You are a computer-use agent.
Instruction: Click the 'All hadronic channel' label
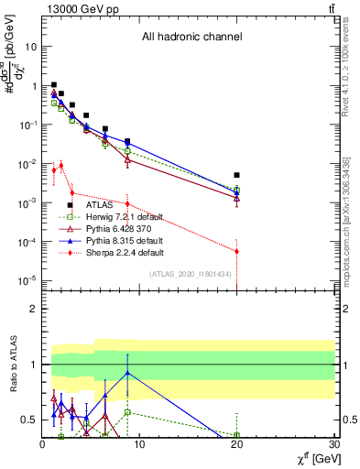190,38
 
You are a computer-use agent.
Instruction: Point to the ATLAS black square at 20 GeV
236,175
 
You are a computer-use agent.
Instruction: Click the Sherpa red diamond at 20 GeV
236,251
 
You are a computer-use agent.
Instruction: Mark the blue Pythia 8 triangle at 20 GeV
236,193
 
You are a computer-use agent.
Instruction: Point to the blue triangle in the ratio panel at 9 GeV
127,373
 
